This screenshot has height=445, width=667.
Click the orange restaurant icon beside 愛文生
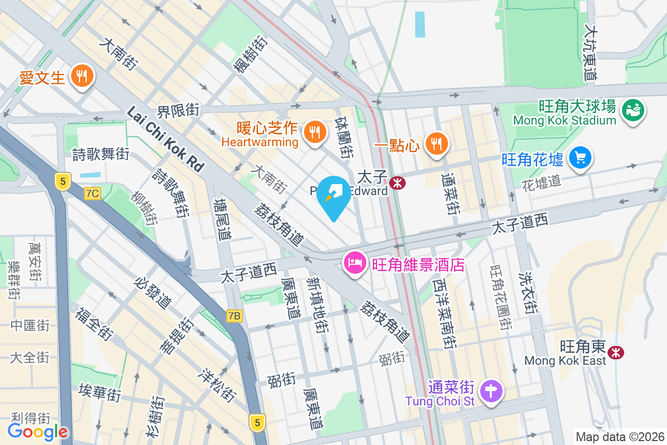83,76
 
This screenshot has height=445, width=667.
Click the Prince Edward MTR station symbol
397,182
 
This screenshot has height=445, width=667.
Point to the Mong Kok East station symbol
615,352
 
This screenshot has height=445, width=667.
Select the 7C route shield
93,194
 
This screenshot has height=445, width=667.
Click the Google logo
38,431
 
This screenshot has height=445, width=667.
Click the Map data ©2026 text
620,437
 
